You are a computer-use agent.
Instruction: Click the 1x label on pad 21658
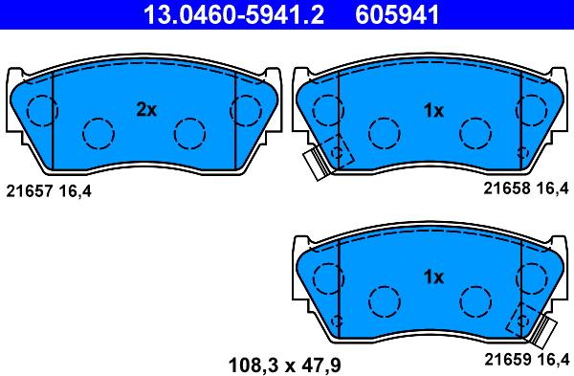pos(433,111)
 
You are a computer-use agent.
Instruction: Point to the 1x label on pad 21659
pos(433,277)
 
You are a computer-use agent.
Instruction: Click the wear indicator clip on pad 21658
pos(316,165)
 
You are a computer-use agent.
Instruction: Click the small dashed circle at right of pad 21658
pos(520,151)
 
